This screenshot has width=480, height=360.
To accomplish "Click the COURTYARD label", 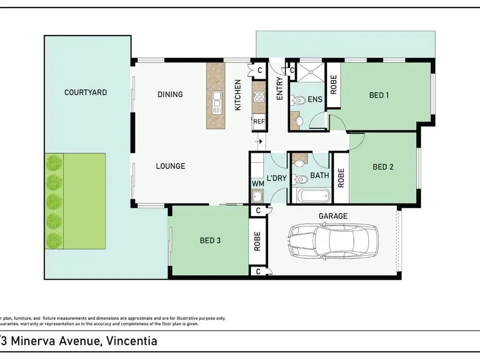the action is click(x=85, y=92).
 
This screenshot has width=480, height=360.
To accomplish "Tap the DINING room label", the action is click(x=170, y=94).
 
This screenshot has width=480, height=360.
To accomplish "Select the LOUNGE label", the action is click(x=171, y=166).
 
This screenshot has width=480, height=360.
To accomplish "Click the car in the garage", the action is click(x=333, y=240).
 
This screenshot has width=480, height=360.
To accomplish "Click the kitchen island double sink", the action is click(x=217, y=99).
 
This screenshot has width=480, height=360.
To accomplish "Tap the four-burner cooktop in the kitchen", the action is click(x=259, y=97).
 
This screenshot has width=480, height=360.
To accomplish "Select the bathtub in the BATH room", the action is click(x=311, y=195).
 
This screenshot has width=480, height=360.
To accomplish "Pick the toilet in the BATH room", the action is click(x=300, y=179).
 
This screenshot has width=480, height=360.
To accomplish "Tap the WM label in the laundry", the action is click(x=258, y=184).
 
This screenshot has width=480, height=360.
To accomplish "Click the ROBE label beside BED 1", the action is click(x=334, y=84).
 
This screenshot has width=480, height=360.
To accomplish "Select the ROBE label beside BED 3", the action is click(x=257, y=241).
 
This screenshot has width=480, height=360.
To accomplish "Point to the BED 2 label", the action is click(x=383, y=167).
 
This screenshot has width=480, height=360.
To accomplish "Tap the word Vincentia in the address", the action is click(x=132, y=341).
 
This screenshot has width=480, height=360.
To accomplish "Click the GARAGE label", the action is click(x=333, y=216).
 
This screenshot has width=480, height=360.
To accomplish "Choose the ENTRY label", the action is click(x=279, y=89).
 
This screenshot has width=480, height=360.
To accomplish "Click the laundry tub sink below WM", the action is click(x=256, y=196).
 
